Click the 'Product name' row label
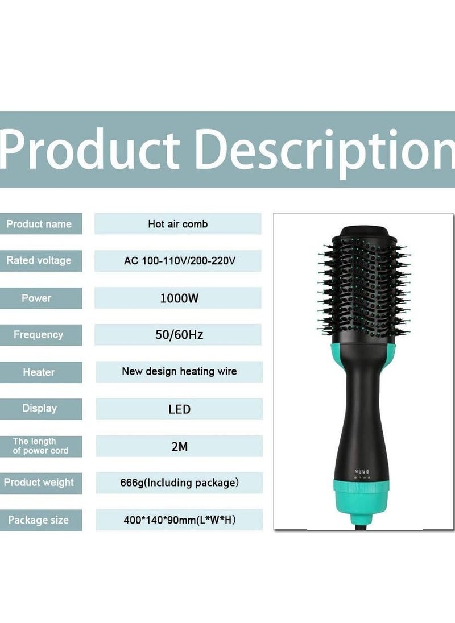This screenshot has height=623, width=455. [x=39, y=223]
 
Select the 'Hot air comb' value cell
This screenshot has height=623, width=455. [x=177, y=223]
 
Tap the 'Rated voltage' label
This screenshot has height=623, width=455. [x=39, y=260]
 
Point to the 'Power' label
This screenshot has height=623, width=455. [x=36, y=298]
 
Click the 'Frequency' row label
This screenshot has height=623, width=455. [x=39, y=335]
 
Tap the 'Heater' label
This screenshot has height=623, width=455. [x=39, y=372]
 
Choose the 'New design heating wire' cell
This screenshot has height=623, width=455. [x=179, y=372]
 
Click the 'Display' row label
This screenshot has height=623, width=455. [x=39, y=408]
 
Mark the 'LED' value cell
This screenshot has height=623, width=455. [x=179, y=409]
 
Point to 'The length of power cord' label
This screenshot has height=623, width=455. [x=40, y=446]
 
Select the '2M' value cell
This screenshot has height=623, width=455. [x=179, y=446]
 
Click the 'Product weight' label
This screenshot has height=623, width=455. [x=39, y=483]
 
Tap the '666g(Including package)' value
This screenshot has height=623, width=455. [x=179, y=483]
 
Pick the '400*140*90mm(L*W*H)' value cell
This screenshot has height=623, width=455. [x=179, y=520]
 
